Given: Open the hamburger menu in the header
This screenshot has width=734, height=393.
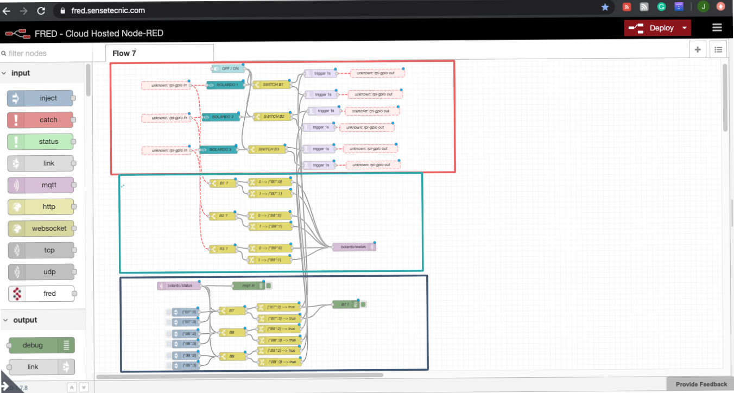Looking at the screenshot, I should click(x=717, y=28).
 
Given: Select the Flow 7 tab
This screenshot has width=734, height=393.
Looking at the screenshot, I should click(x=124, y=53).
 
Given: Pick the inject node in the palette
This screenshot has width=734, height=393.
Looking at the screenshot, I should click(x=40, y=98).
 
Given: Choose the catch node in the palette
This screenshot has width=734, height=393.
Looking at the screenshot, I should click(x=40, y=120).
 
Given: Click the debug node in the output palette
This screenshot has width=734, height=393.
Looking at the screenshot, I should click(x=41, y=345).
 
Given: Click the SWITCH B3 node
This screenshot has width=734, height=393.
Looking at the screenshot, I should click(x=268, y=149).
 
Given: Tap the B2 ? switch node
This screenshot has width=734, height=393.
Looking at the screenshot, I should click(x=223, y=216).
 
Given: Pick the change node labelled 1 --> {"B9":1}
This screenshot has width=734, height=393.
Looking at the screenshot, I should click(x=270, y=260).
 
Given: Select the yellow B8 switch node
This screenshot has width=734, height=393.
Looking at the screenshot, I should click(x=231, y=332).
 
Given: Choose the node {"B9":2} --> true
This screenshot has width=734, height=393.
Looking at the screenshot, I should click(x=278, y=351).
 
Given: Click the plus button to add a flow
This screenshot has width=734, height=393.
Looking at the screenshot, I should click(x=698, y=49).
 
